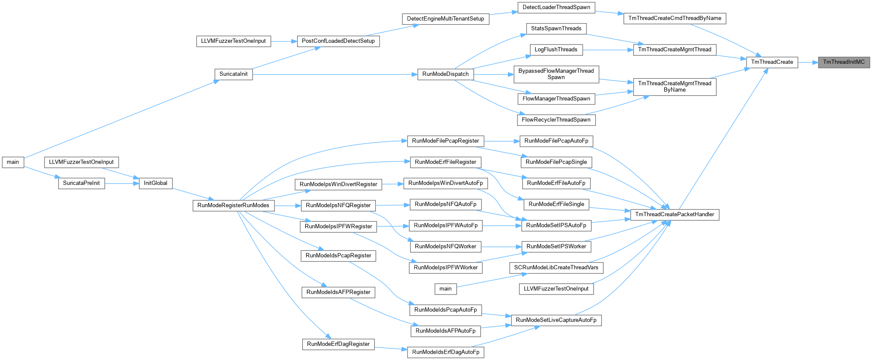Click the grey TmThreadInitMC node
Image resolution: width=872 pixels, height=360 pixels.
(844, 62)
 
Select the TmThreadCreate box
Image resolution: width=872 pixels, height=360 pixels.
(772, 62)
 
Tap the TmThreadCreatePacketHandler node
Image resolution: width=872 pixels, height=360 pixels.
(675, 214)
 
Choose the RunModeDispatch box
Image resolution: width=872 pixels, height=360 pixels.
(446, 74)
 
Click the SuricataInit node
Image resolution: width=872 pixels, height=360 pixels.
(233, 74)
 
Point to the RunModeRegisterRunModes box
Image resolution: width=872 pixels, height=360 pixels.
(233, 205)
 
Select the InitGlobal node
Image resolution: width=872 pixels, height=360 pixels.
(155, 183)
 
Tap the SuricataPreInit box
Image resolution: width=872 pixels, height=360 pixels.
(81, 183)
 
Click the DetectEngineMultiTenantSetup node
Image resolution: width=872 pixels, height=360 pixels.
(446, 19)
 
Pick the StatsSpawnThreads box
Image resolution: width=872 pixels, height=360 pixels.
(556, 29)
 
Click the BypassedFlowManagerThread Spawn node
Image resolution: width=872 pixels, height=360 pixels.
(556, 74)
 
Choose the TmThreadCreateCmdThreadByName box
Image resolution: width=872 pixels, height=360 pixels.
(675, 18)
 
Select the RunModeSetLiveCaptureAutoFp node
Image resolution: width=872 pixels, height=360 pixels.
(556, 320)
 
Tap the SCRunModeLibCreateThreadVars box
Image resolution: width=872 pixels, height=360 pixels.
(556, 268)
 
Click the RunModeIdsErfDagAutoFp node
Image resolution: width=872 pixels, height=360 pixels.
(446, 352)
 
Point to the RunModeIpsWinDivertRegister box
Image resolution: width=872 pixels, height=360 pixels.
(338, 184)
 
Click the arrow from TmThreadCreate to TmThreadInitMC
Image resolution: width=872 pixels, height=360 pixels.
(808, 62)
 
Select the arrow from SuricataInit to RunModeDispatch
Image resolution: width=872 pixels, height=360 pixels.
(335, 74)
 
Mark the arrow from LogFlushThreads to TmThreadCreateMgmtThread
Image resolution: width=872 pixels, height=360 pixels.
(608, 50)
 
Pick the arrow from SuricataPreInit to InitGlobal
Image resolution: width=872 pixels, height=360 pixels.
(122, 184)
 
